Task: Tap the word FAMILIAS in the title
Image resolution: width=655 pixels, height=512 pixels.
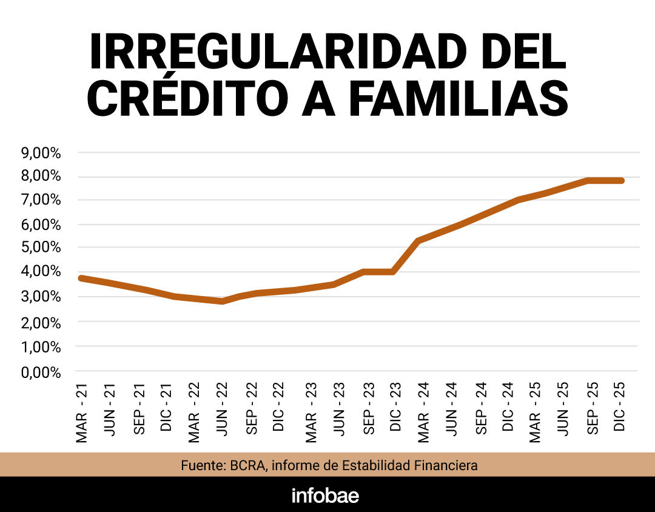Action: click(x=458, y=99)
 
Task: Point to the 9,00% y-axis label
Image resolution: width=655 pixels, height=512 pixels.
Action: click(x=41, y=153)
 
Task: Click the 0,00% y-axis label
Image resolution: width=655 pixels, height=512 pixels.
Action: click(x=41, y=372)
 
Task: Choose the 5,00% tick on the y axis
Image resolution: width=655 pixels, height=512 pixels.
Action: click(x=41, y=248)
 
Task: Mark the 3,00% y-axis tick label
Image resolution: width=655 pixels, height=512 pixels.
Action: click(x=41, y=297)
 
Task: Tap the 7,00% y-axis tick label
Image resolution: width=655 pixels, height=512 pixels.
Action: click(x=41, y=200)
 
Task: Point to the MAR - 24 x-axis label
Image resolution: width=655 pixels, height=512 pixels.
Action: click(x=423, y=413)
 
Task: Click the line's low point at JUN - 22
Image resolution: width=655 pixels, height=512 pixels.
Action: click(x=223, y=301)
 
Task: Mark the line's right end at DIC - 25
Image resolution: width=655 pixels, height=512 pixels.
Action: click(x=620, y=181)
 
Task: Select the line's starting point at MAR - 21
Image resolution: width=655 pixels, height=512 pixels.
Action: click(x=82, y=278)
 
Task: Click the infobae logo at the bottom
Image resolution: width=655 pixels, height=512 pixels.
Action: click(x=326, y=495)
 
